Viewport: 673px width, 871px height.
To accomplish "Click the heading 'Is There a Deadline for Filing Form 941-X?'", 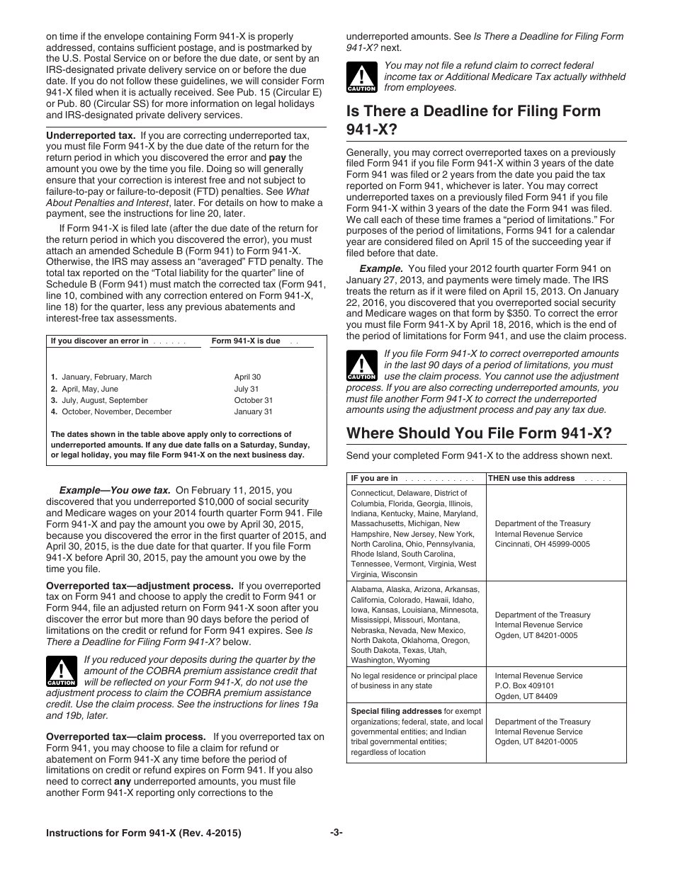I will point(473,120).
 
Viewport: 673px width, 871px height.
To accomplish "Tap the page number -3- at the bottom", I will point(336,833).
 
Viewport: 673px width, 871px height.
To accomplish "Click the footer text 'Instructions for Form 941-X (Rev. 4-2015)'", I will point(144,833).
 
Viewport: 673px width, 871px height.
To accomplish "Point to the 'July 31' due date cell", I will point(247,389).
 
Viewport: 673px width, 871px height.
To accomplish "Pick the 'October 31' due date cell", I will point(253,400).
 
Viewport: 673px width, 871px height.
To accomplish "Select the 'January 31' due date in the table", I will point(253,411).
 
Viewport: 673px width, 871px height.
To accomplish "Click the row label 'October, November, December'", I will point(116,411).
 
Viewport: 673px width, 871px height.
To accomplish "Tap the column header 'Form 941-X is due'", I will point(246,341).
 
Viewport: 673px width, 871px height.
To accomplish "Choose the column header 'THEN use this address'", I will point(531,478).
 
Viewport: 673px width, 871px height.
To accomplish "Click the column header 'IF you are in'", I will point(375,478).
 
